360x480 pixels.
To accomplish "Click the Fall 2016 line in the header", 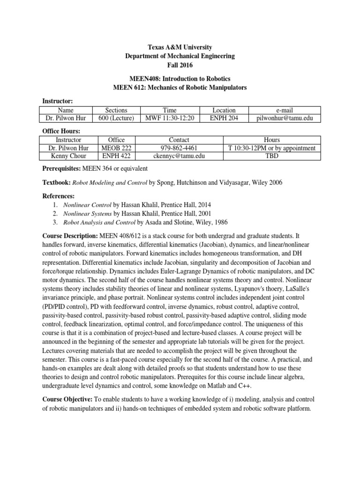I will [x=180, y=65].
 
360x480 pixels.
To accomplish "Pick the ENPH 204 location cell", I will [x=224, y=119].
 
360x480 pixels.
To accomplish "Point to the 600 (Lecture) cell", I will [x=116, y=119].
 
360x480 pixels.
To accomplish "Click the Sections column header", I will [x=116, y=110].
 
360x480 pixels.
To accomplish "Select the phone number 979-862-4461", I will [x=179, y=148].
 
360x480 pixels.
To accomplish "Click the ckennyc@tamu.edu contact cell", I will [x=179, y=156].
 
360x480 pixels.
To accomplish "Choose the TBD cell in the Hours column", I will [x=272, y=156].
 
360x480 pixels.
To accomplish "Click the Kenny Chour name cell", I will [x=68, y=156].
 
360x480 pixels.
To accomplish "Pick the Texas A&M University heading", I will [x=180, y=47].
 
